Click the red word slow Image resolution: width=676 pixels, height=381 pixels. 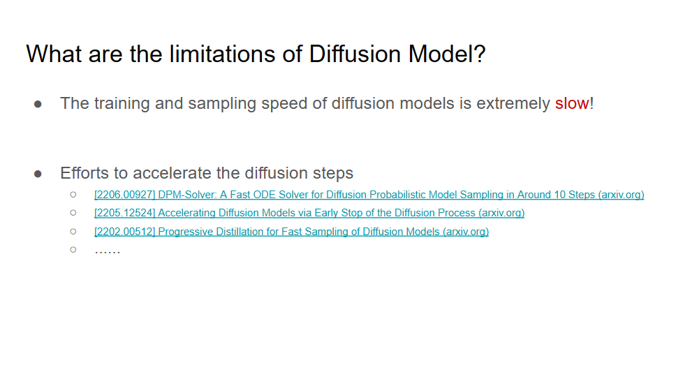572,103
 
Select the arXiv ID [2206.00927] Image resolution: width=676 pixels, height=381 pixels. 124,195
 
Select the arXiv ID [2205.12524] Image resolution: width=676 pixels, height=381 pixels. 124,213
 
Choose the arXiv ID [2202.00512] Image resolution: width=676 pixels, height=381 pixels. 124,231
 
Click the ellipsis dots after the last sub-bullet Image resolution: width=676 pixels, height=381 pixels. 108,249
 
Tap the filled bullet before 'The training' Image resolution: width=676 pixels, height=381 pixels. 38,104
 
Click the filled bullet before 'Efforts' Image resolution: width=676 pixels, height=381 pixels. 38,174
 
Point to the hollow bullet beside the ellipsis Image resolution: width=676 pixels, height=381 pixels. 73,249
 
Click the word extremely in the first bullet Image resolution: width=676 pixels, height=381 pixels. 513,103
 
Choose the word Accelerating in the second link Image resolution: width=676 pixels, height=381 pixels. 187,213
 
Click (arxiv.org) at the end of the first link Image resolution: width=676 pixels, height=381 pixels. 621,195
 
